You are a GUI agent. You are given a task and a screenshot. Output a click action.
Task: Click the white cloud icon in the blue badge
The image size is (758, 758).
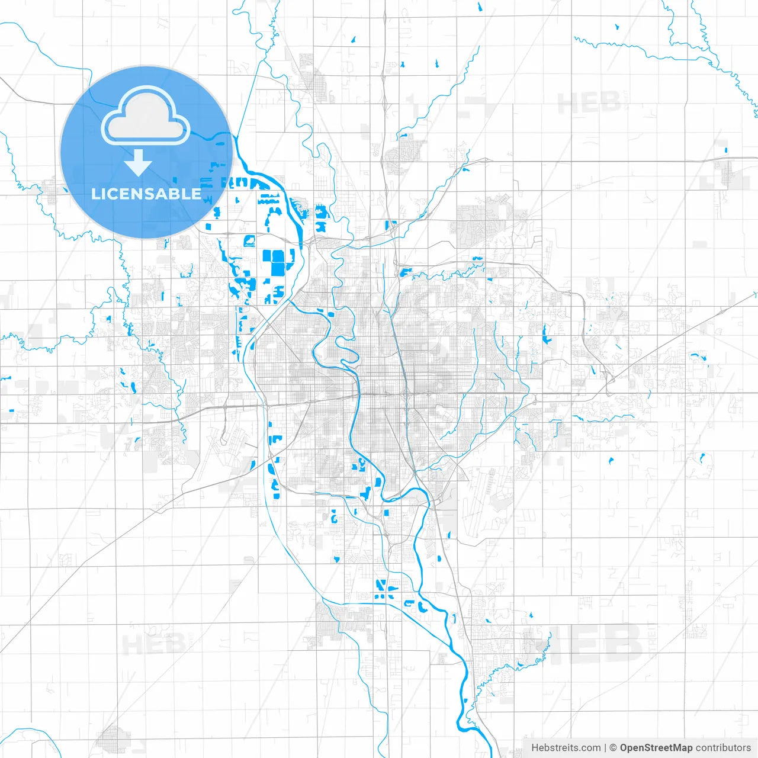click(x=146, y=115)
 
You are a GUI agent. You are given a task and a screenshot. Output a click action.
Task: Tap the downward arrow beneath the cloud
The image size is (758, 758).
click(x=138, y=163)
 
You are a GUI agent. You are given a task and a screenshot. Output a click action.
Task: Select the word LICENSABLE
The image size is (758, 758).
click(x=146, y=194)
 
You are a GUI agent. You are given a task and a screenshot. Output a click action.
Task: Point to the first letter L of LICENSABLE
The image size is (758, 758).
click(x=95, y=194)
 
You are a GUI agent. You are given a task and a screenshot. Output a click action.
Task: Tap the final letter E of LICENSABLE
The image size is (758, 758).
click(x=195, y=194)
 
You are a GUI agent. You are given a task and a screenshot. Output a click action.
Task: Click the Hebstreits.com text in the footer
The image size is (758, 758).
click(x=566, y=748)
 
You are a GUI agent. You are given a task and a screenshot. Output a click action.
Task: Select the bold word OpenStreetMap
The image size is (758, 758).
click(x=656, y=748)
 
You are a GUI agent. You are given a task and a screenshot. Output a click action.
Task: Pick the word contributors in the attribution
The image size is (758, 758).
click(x=723, y=748)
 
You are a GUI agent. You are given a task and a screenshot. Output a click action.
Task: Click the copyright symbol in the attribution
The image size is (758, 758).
click(x=613, y=748)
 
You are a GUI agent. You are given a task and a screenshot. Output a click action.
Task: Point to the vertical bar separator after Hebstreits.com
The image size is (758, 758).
click(x=605, y=748)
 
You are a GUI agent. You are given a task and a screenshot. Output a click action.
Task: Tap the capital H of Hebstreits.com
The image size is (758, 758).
click(x=535, y=748)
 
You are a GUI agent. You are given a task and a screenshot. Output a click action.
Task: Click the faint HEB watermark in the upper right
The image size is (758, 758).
click(x=589, y=104)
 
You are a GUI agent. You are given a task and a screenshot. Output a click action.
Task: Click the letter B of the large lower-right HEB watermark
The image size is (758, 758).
click(x=622, y=643)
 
